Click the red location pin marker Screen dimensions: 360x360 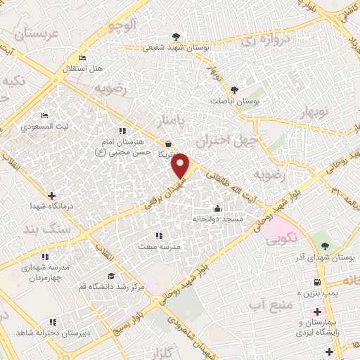click(181, 165)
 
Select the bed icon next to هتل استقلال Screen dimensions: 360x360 click(83, 58)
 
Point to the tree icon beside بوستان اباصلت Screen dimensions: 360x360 click(234, 89)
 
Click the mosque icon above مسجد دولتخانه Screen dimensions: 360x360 click(217, 208)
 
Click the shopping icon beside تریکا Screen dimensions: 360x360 click(167, 143)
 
